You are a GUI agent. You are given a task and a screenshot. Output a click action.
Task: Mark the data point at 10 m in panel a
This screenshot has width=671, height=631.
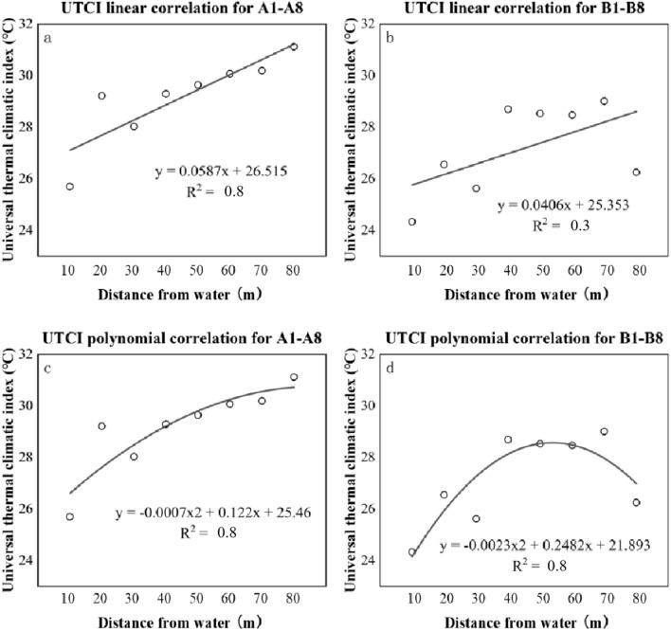(x=70, y=187)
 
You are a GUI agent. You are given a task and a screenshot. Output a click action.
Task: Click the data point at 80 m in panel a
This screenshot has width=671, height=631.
(x=294, y=46)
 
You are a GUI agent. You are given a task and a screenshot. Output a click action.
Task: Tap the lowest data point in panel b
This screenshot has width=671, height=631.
(x=412, y=222)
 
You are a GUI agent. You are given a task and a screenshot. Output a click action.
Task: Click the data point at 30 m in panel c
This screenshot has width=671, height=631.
(x=134, y=457)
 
